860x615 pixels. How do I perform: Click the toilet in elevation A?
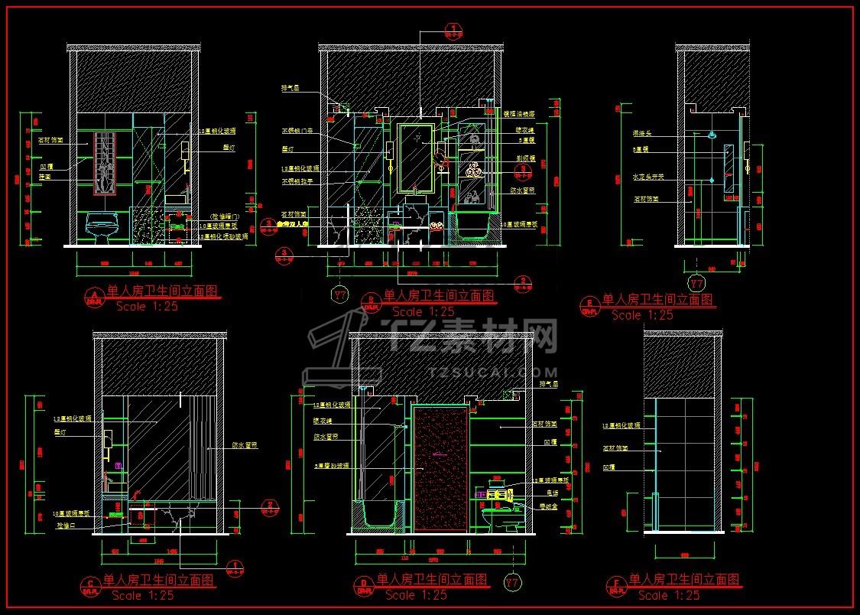102,227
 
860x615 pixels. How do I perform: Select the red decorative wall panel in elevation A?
105,162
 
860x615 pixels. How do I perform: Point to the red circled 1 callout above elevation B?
454,30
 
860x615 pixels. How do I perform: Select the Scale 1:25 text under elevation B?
423,311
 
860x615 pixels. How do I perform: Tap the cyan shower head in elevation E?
712,135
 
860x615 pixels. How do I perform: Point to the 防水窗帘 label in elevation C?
243,445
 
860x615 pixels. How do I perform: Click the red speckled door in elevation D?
440,467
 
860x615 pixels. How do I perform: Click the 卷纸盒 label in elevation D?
548,506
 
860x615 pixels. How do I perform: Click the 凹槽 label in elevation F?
609,466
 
